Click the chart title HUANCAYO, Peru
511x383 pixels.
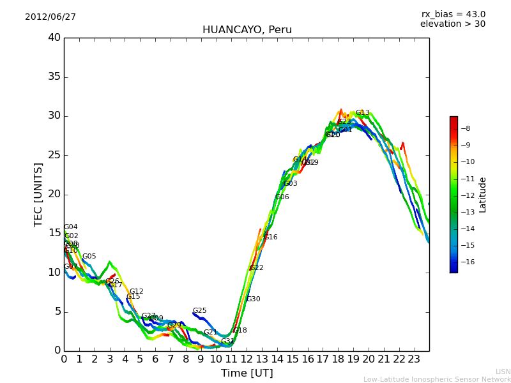point(247,30)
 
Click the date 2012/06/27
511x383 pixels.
point(50,17)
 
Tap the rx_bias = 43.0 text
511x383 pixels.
point(453,15)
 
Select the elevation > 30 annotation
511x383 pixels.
point(452,24)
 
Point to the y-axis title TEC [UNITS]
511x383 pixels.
point(38,194)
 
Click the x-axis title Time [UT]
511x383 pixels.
point(247,373)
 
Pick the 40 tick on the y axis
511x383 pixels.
point(54,38)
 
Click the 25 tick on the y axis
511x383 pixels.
point(54,155)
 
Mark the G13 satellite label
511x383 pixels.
point(362,113)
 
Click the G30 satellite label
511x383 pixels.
point(253,299)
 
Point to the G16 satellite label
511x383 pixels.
point(271,237)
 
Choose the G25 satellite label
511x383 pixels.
point(200,311)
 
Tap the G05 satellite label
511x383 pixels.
point(89,257)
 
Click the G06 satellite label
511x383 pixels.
point(282,197)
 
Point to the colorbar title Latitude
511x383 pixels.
point(483,195)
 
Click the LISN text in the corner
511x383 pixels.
point(503,372)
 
